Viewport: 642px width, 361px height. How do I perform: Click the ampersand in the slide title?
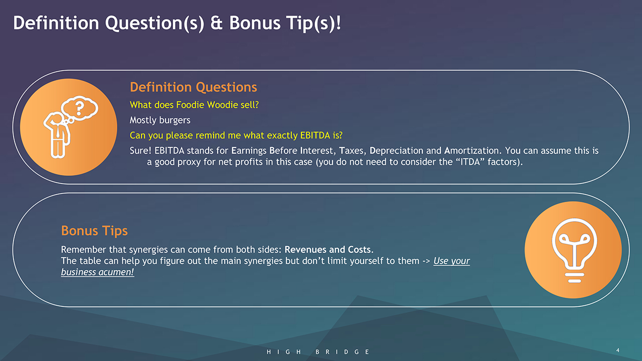point(216,23)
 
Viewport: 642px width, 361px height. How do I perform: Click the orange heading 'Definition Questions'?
point(194,87)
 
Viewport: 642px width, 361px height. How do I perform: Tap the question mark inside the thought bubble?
point(79,108)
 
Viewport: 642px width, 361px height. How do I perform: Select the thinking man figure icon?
point(71,127)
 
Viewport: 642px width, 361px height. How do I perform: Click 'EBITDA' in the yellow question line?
point(315,135)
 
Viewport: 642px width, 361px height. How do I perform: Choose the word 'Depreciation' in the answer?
point(396,151)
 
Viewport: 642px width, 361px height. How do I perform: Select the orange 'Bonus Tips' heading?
point(94,231)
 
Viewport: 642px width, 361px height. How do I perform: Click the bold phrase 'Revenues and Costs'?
point(328,250)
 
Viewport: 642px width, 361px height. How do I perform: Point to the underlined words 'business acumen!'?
point(97,272)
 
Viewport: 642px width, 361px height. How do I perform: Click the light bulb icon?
point(574,250)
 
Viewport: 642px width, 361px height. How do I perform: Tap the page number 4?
point(617,350)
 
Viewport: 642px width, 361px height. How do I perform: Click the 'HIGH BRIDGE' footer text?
point(318,352)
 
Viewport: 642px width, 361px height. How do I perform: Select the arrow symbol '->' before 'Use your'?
point(426,261)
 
